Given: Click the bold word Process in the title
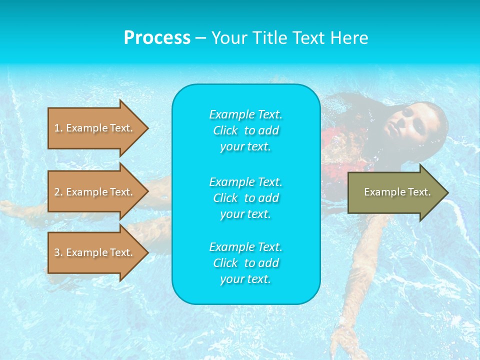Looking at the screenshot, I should pyautogui.click(x=157, y=38).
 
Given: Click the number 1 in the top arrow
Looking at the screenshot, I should pyautogui.click(x=57, y=128).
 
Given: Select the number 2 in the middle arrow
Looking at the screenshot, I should pyautogui.click(x=57, y=192).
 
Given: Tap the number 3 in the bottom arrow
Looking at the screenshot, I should pyautogui.click(x=57, y=252).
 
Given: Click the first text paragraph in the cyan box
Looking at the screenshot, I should pyautogui.click(x=245, y=130).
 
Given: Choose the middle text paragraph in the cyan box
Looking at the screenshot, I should pyautogui.click(x=245, y=197).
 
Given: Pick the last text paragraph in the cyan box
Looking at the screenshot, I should pyautogui.click(x=245, y=263).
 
